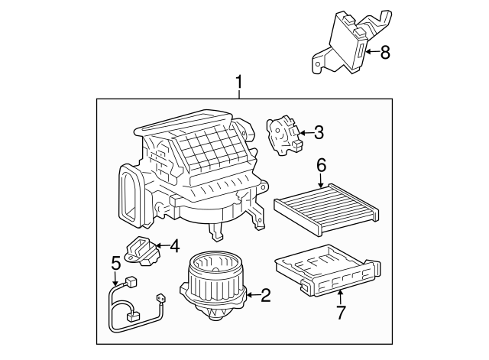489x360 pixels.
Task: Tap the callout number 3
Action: (x=319, y=132)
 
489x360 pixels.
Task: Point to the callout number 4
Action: (x=174, y=246)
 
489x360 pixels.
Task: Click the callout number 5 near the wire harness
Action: (x=115, y=262)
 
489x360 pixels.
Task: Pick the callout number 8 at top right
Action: (x=384, y=52)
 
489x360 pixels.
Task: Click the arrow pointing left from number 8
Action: (x=371, y=52)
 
